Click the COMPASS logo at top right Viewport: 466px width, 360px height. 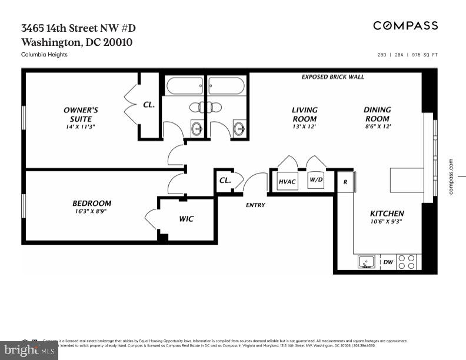(405, 25)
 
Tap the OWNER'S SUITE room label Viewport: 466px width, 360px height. (81, 114)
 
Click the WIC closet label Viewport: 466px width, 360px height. (186, 219)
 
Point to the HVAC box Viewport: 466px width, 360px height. (287, 182)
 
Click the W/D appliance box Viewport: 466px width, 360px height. (316, 179)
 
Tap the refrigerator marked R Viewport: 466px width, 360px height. (345, 182)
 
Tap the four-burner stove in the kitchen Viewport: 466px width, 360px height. (406, 262)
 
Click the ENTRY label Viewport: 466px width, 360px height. (255, 205)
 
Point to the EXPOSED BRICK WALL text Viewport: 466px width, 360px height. (332, 77)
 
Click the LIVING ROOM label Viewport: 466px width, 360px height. (304, 114)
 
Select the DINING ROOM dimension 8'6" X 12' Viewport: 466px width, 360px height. (377, 126)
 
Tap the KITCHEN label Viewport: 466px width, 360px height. (387, 214)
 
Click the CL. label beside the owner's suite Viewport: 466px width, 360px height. (149, 105)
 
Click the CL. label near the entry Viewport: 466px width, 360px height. (225, 181)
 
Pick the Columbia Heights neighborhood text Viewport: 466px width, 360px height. (44, 55)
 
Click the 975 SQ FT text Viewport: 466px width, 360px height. (425, 55)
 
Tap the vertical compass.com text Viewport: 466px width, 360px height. (451, 176)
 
